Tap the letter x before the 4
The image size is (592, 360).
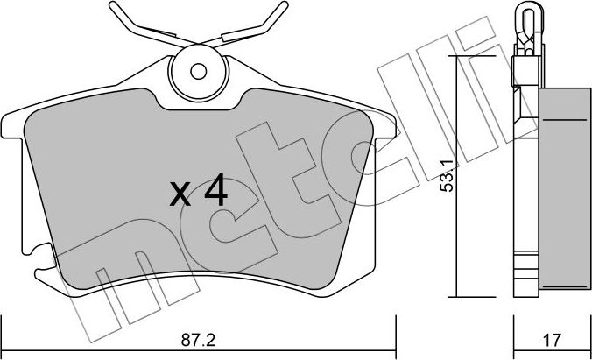click(x=181, y=194)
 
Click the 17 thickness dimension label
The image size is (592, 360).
click(x=550, y=337)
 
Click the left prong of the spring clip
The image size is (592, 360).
click(x=132, y=22)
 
